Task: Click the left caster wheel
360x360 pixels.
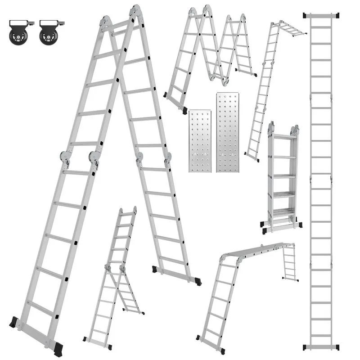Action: [18, 36]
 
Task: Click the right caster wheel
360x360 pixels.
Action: [48, 36]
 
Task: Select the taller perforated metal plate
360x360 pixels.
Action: [227, 132]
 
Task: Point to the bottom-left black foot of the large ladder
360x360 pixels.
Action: [14, 322]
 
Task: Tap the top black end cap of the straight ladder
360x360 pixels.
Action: [321, 16]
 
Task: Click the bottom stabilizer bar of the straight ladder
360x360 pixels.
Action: [321, 347]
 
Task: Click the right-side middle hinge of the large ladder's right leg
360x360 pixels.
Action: [168, 158]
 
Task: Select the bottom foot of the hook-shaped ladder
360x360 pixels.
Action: [252, 157]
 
